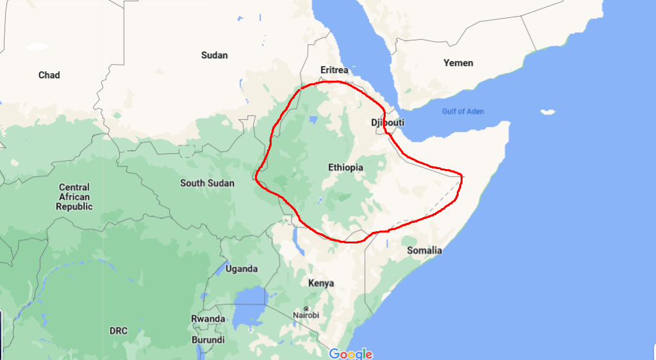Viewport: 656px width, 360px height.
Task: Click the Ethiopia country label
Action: [x=345, y=168]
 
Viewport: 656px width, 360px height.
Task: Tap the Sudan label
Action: [x=214, y=55]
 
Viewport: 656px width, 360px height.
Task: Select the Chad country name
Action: [x=49, y=75]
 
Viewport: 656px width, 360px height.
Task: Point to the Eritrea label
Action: [x=334, y=70]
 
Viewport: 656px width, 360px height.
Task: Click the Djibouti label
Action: [x=388, y=122]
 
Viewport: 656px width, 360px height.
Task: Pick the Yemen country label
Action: [x=458, y=63]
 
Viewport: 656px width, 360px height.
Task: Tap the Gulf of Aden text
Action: [x=463, y=111]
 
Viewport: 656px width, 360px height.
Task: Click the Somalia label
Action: [x=424, y=250]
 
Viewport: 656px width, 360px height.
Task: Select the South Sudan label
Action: [x=207, y=183]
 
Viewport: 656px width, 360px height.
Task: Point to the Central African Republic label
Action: [x=74, y=197]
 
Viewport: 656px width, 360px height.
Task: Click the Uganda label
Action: [x=242, y=269]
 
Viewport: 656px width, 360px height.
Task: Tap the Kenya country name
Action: [x=321, y=283]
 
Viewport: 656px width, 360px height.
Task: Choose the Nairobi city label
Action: [x=306, y=315]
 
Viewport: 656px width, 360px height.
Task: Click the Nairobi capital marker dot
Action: [x=306, y=308]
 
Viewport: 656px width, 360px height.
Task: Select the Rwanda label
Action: [x=208, y=319]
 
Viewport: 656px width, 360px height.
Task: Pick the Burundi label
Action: [x=208, y=340]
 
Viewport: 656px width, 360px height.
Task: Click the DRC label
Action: [x=118, y=331]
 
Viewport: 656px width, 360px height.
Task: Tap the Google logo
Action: [x=350, y=354]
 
